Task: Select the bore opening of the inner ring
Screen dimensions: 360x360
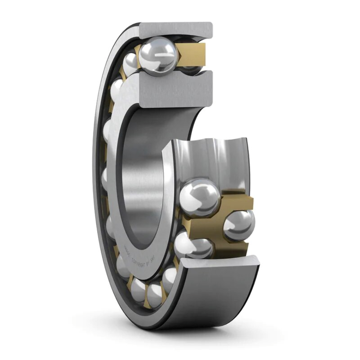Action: (x=142, y=176)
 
